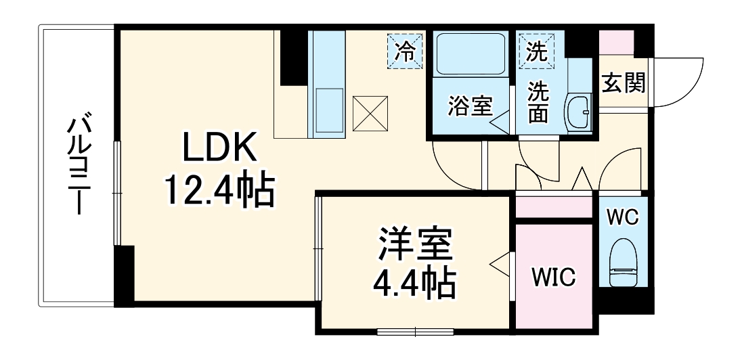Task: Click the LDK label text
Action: coord(219,148)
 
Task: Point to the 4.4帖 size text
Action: coord(414,284)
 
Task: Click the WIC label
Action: coord(553,277)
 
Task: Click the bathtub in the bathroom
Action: coord(470,53)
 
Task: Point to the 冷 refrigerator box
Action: coord(404,50)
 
